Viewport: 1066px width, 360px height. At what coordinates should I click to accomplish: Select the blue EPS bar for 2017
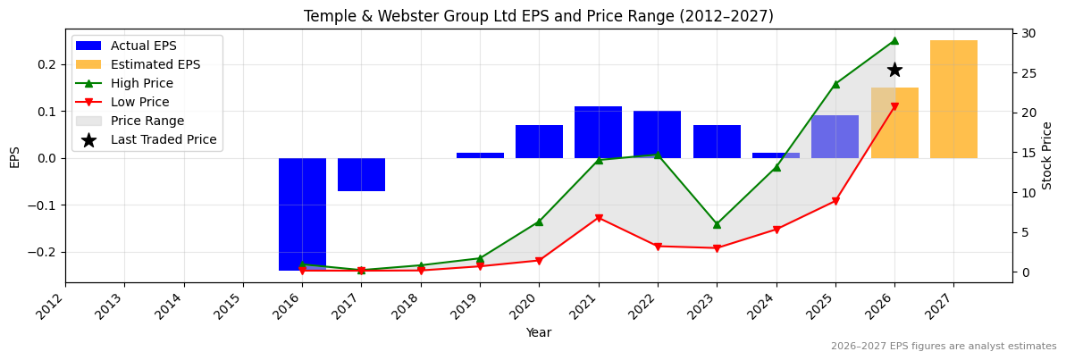361,174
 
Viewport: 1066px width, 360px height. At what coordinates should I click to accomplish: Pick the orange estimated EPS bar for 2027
953,99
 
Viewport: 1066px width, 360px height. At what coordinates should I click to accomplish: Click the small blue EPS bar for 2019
480,155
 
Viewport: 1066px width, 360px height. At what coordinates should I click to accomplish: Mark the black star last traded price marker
894,70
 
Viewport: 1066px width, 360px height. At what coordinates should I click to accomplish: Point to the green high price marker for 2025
835,84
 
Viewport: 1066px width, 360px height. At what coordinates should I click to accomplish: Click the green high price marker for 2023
717,224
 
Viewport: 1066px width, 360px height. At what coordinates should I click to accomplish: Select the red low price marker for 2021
598,218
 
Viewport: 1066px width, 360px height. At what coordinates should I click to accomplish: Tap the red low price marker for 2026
894,106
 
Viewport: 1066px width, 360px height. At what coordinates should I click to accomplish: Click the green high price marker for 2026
894,40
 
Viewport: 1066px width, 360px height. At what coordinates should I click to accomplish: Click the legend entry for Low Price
139,102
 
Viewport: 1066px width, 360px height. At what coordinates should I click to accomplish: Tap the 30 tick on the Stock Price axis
1028,33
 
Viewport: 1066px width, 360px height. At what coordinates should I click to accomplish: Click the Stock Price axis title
1047,155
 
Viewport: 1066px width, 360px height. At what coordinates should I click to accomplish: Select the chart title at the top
538,16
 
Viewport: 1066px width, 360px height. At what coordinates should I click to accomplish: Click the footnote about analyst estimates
944,347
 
